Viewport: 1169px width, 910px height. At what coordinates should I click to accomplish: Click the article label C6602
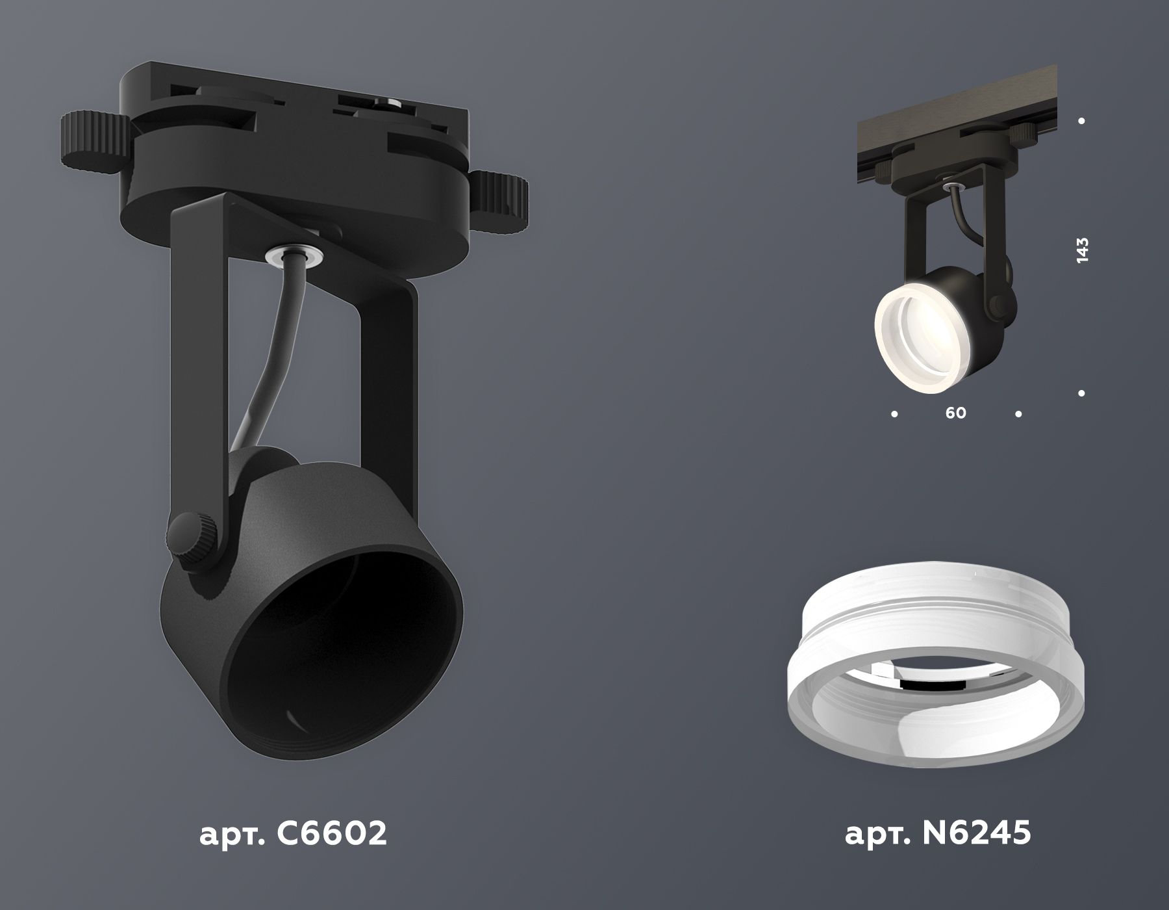coord(293,833)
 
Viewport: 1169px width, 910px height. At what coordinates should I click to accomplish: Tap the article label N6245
coord(937,833)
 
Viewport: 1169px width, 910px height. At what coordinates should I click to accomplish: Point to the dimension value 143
coord(1081,250)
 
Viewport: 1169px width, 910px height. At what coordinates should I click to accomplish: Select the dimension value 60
coord(955,413)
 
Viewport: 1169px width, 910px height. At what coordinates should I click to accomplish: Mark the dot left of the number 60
coord(894,413)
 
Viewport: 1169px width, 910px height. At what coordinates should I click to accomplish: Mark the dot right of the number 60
coord(1018,413)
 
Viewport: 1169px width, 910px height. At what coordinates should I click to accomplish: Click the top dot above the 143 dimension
coord(1081,121)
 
